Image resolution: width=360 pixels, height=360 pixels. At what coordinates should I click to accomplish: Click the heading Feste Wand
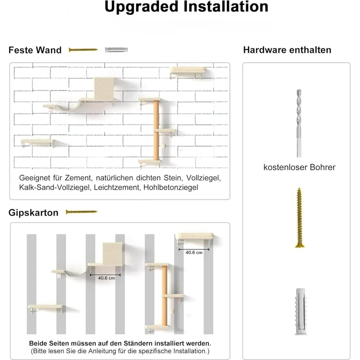(x=35, y=50)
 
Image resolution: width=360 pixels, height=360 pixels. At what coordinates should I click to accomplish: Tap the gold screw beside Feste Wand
(x=83, y=49)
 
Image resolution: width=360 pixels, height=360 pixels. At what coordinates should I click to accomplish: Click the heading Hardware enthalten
(x=287, y=50)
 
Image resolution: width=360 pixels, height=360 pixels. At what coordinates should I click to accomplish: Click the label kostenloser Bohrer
(x=299, y=167)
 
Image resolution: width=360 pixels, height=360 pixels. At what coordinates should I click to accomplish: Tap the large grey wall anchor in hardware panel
(x=299, y=314)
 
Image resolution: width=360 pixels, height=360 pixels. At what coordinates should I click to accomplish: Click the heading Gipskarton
(x=33, y=213)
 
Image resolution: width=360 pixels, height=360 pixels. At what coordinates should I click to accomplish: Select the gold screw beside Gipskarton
(x=81, y=212)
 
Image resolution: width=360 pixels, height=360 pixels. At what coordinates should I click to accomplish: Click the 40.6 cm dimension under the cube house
(x=106, y=277)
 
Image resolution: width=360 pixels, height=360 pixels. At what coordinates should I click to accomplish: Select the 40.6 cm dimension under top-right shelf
(x=194, y=252)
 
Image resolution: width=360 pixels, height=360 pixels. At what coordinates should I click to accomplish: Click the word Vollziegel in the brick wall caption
(x=204, y=178)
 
